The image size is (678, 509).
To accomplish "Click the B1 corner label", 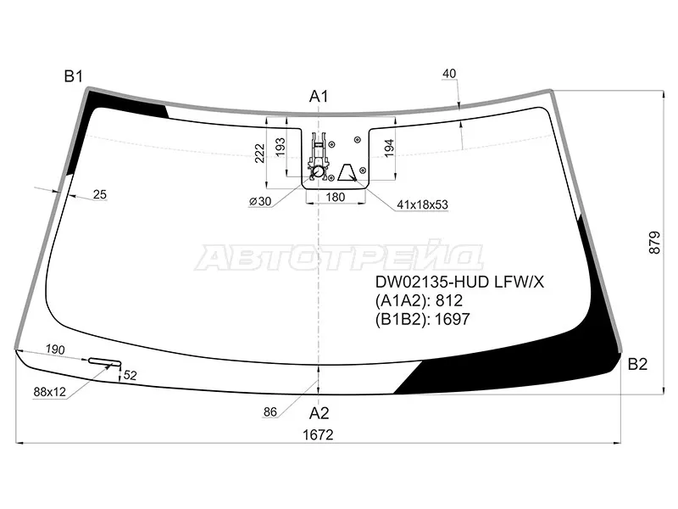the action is point(73,76).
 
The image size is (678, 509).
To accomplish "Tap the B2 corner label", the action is point(637,364).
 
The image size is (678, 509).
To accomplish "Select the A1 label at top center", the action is point(319,97).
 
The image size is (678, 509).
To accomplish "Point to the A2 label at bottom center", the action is point(320,413).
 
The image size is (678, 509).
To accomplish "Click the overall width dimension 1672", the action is point(318,434).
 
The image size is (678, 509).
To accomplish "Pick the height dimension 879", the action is point(654,243).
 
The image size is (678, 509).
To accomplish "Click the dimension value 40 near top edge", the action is point(449,74).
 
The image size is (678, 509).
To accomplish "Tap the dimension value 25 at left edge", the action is point(99,195).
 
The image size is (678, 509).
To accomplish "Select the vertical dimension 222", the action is point(259,154).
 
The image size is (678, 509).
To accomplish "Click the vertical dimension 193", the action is point(281,147).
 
